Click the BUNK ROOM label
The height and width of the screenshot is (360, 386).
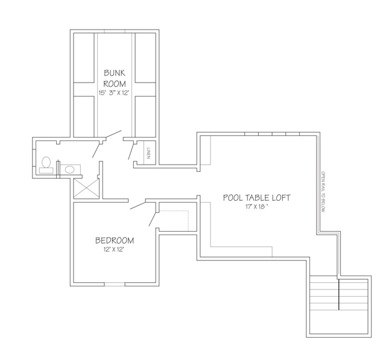coord(115,78)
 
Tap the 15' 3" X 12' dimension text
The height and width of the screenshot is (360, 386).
coord(114,93)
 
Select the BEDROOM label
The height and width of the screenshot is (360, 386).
coord(115,241)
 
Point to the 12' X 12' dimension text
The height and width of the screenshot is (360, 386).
coord(113,250)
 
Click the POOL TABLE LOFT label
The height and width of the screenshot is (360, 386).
coord(257,198)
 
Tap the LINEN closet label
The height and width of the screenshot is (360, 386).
coord(148,153)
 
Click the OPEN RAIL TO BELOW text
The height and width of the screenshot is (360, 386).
coord(323,192)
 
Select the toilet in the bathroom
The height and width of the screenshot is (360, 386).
coord(46,165)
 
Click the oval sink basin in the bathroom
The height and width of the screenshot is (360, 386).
coord(70,169)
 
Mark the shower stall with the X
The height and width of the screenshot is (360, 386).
coord(86,189)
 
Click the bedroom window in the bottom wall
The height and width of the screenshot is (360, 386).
coord(115,284)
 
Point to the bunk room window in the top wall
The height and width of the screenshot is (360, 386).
coord(115,31)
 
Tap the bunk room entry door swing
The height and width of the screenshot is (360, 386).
coord(113,134)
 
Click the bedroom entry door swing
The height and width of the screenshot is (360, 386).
coord(138,206)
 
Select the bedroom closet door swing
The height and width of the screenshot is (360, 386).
coord(153,219)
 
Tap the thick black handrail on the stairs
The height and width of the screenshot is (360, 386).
coord(339,294)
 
